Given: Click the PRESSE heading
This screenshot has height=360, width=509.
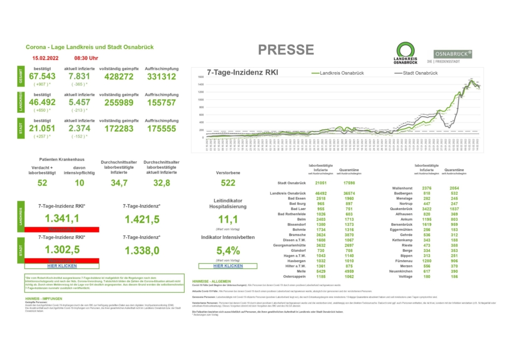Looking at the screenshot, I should (286, 49).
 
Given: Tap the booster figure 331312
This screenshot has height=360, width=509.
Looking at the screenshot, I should (161, 77).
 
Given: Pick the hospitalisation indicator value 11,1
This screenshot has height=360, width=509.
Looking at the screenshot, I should (228, 220).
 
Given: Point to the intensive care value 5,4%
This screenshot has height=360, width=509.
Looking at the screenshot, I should (228, 251).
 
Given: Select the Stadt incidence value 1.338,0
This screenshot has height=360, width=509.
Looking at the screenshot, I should (142, 251).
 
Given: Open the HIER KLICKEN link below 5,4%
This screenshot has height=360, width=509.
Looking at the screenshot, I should (228, 266).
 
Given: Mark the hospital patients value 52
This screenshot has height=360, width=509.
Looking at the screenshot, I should (42, 183).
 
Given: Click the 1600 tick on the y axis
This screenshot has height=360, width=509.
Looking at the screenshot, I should (201, 77).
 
